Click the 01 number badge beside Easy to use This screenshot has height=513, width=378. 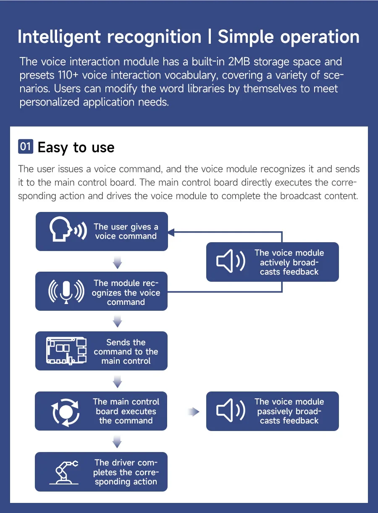[26, 146]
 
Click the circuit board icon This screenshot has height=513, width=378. [66, 351]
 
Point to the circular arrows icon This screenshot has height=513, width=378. [66, 411]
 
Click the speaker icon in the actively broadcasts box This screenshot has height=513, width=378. [231, 262]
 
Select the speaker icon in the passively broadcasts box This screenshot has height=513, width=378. [231, 411]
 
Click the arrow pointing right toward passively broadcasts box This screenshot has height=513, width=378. [193, 412]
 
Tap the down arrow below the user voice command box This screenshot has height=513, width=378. [118, 263]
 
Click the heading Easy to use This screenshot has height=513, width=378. [76, 147]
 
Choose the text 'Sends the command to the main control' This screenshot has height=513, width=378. [126, 352]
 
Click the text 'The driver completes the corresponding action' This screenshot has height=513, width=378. [126, 472]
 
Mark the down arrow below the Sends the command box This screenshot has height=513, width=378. [118, 382]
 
